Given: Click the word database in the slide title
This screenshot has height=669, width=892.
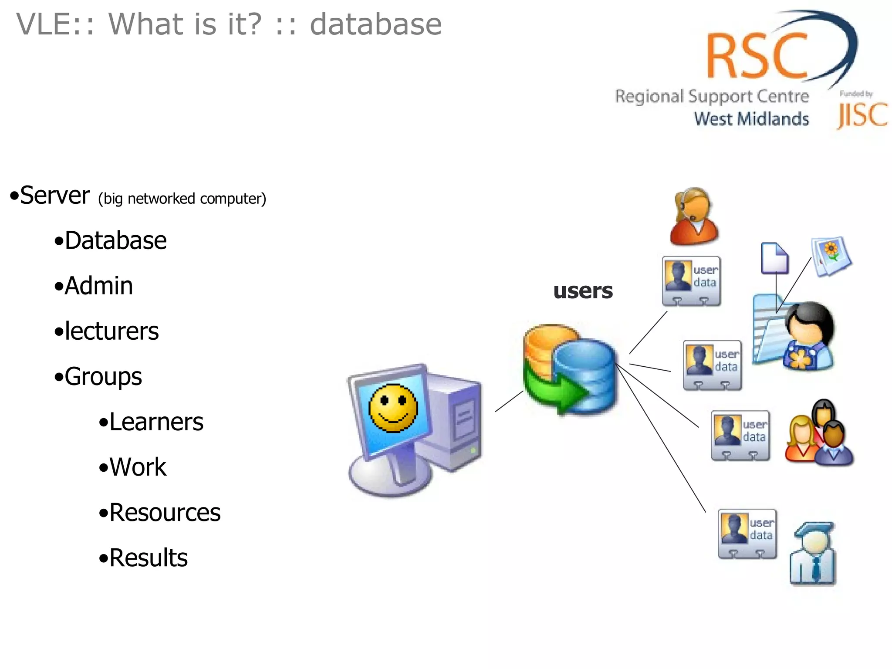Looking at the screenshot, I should pos(375,24).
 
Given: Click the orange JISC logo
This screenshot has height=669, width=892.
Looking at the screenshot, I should pos(862,115).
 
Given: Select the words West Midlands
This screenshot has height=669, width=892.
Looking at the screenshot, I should pos(751,118).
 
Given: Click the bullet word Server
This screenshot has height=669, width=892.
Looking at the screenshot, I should pos(55,196).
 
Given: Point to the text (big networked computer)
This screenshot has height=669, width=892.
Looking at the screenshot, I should pos(182,199).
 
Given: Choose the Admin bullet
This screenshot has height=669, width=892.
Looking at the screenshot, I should pos(98,286).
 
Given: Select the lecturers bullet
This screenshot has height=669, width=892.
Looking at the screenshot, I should pos(111,331).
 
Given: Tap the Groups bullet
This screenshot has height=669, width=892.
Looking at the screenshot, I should pos(103,377).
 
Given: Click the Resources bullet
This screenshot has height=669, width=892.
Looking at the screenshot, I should pos(165,513).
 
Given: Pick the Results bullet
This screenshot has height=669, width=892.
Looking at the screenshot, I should pos(148,558).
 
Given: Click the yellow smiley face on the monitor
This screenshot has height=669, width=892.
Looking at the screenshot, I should pos(393,409).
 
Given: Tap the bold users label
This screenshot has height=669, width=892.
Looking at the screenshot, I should pos(583,291).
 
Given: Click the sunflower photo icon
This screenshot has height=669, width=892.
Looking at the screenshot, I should pos(831,256).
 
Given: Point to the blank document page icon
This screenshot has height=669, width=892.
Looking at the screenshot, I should pos(775,258).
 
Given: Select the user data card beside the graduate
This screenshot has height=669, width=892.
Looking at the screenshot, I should pos(747,534).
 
